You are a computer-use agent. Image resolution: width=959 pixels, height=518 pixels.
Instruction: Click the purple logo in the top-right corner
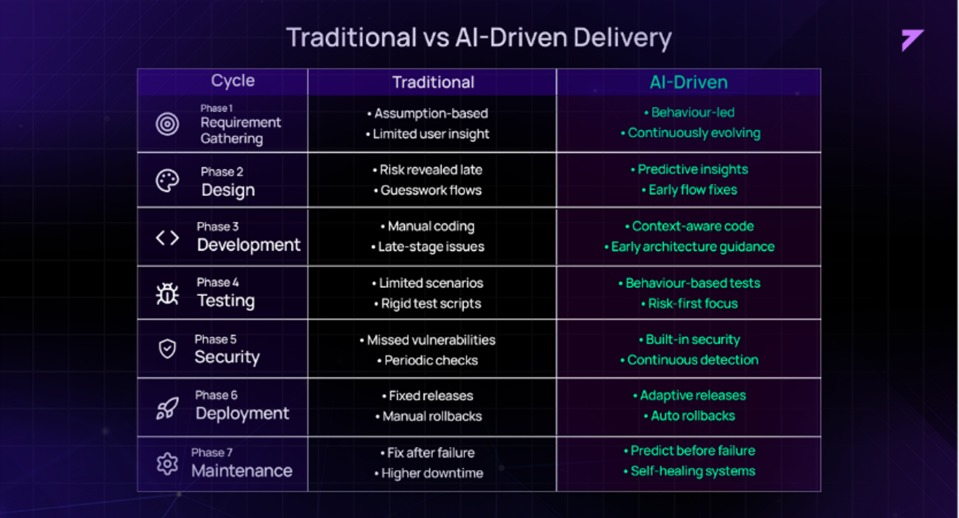tap(911, 39)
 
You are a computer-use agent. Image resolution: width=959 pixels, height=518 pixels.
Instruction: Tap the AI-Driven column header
tap(688, 82)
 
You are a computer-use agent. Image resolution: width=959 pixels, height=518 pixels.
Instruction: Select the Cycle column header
tap(233, 81)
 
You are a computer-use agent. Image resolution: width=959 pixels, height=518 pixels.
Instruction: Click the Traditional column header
tap(433, 82)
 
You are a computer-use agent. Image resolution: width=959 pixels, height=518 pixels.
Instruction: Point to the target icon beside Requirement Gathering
tap(167, 124)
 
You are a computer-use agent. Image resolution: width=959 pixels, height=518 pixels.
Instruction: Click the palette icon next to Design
tap(167, 181)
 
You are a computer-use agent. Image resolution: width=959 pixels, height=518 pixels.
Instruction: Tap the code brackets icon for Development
tap(167, 238)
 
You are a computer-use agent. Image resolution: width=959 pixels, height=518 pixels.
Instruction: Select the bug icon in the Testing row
tap(167, 294)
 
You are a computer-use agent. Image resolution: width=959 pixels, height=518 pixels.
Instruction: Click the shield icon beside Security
tap(167, 349)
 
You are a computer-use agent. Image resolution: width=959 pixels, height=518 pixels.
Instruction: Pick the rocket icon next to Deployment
tap(167, 408)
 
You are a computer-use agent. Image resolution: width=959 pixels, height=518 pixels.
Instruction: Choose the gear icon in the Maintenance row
tap(167, 464)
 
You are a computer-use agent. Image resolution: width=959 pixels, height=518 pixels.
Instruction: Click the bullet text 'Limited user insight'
tap(428, 134)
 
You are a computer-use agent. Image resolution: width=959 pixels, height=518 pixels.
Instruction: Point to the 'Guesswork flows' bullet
tap(428, 190)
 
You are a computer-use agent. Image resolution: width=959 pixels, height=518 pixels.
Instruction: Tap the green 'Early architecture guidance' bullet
tap(689, 247)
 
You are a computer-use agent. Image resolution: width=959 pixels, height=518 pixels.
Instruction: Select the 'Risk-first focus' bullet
tap(689, 304)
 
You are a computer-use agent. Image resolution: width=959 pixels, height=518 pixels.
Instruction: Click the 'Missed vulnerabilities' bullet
tap(428, 340)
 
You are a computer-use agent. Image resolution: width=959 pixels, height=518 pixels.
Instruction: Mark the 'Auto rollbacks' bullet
tap(689, 416)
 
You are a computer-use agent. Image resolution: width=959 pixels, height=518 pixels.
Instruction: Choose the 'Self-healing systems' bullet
tap(689, 471)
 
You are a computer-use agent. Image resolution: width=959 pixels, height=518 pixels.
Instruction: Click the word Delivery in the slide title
tap(623, 38)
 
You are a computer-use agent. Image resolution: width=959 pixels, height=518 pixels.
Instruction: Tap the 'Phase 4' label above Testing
tap(218, 282)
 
